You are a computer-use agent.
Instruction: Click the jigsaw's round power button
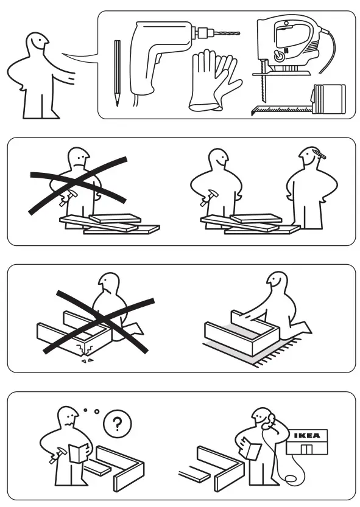(x=279, y=55)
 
